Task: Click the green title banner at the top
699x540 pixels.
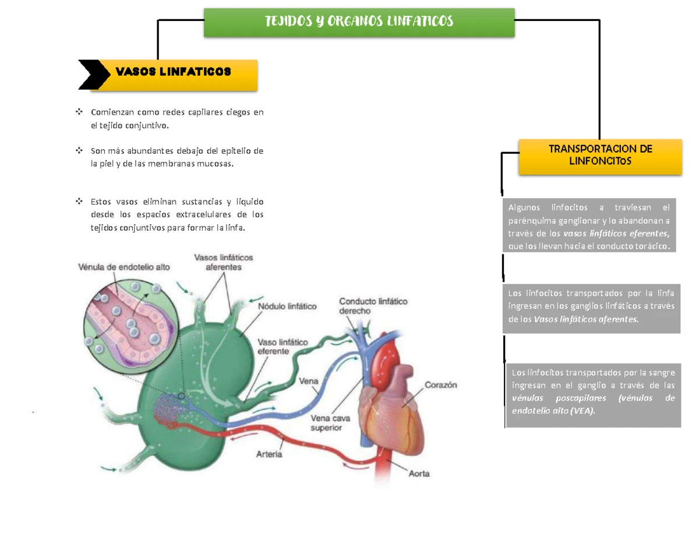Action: [359, 23]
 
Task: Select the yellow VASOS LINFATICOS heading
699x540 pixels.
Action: [174, 75]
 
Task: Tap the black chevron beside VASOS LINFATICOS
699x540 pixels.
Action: [94, 75]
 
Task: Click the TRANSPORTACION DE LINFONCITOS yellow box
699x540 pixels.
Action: [600, 157]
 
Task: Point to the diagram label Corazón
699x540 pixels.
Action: [441, 384]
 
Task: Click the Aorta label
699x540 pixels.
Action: [419, 474]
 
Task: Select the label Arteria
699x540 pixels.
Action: [269, 454]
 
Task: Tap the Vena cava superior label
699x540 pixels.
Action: [330, 423]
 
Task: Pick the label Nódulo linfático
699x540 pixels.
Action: [287, 306]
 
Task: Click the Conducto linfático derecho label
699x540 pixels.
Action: [373, 306]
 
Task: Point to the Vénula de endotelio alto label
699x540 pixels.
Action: [124, 267]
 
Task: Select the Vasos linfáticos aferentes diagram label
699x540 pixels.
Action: [224, 262]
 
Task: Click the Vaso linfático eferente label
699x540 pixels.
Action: [283, 347]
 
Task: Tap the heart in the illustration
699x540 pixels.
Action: [391, 396]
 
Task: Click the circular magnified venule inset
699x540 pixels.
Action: [131, 326]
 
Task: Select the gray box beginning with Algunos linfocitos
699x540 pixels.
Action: [589, 225]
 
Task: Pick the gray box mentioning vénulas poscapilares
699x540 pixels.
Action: [594, 396]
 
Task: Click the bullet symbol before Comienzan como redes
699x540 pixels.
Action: [79, 112]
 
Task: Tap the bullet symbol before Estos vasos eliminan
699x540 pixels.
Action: [79, 202]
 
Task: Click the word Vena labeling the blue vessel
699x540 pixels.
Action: [309, 381]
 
